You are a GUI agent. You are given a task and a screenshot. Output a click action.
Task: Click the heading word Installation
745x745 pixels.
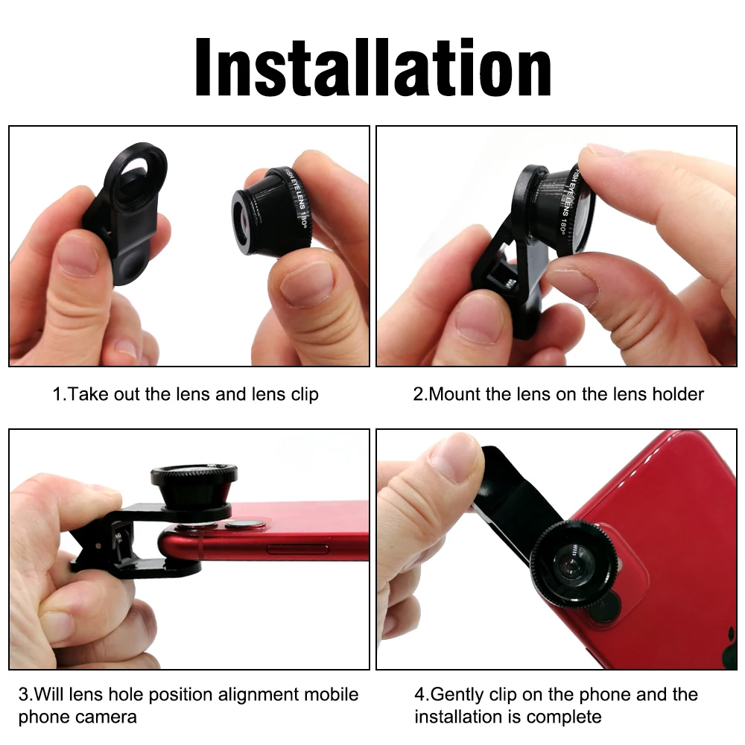coord(372,67)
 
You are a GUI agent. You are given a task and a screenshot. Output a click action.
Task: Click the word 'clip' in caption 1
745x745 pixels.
coord(301,393)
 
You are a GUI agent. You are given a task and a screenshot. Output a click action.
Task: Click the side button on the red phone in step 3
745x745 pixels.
coord(295,549)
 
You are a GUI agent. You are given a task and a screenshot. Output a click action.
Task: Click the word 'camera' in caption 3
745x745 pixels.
coord(105,717)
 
